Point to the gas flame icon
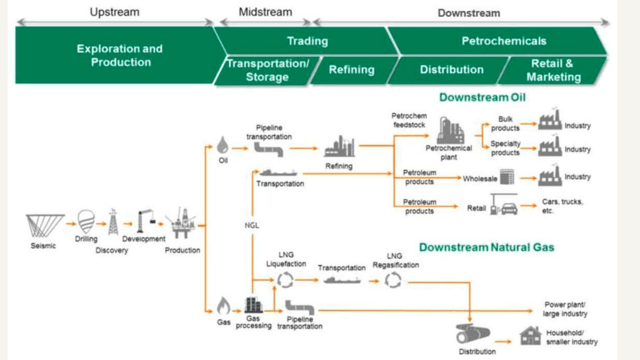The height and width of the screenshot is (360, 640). (223, 306)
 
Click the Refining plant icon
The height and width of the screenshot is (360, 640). (340, 147)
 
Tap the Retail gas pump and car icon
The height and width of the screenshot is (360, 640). (503, 205)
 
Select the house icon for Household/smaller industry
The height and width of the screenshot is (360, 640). (531, 335)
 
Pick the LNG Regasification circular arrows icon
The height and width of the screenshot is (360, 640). (394, 280)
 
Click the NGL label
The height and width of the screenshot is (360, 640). (251, 226)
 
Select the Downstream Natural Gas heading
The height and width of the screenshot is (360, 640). (486, 247)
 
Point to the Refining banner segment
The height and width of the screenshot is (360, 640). (351, 70)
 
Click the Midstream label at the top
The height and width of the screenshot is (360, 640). (265, 12)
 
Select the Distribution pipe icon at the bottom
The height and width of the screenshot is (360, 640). (473, 334)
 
